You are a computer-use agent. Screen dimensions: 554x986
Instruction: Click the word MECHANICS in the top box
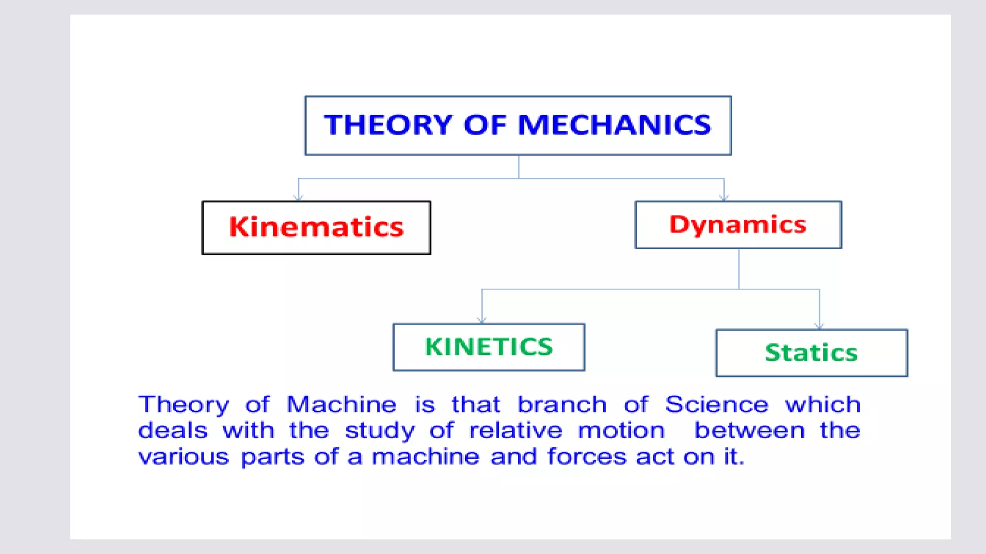click(614, 125)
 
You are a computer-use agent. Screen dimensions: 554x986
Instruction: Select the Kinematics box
click(316, 227)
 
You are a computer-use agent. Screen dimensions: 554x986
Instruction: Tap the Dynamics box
click(738, 225)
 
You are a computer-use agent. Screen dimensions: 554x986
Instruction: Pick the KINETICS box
click(489, 347)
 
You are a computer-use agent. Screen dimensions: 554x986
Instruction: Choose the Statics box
click(812, 353)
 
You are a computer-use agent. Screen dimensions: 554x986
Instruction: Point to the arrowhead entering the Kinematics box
click(298, 198)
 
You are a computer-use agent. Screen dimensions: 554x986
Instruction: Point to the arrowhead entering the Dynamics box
click(724, 198)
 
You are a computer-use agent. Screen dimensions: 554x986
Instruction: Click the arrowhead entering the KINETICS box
click(482, 320)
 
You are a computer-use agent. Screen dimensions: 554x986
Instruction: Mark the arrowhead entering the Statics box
click(819, 326)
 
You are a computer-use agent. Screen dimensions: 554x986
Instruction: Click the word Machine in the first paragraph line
click(341, 404)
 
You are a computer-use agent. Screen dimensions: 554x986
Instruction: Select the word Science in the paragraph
click(716, 404)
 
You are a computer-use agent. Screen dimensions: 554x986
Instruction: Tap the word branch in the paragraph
click(562, 404)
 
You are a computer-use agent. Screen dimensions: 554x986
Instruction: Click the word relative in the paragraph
click(516, 430)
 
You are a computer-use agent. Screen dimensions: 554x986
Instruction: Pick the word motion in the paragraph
click(621, 430)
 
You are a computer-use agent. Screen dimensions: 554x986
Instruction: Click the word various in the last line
click(183, 456)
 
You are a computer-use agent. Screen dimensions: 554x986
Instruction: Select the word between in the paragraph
click(749, 430)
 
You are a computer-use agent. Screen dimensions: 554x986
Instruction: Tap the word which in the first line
click(823, 404)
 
